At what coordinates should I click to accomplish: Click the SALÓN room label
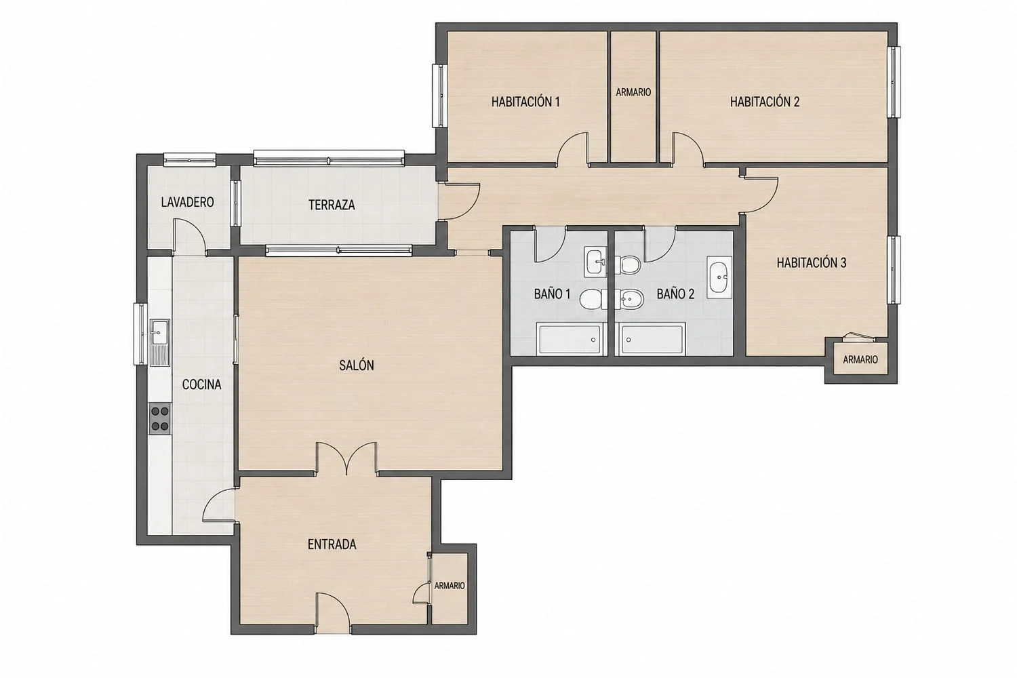click(357, 365)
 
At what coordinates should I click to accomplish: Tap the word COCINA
click(201, 384)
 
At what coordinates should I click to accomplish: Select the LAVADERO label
click(188, 202)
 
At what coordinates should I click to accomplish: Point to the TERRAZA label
click(332, 205)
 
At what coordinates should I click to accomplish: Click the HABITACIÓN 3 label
click(812, 263)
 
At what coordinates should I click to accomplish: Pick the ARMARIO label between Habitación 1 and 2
click(633, 92)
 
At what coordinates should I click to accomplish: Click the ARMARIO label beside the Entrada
click(450, 586)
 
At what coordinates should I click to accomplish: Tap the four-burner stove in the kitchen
click(160, 419)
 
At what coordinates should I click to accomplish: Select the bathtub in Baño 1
click(569, 339)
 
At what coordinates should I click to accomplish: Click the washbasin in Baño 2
click(719, 277)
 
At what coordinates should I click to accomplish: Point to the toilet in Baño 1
click(594, 299)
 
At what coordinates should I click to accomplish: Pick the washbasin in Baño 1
click(595, 262)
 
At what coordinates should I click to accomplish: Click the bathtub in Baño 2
click(653, 339)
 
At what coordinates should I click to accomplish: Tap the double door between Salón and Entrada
click(346, 458)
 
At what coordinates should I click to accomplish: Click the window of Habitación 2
click(894, 82)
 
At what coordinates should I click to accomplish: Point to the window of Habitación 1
click(439, 96)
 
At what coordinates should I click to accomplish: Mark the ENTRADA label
click(332, 544)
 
